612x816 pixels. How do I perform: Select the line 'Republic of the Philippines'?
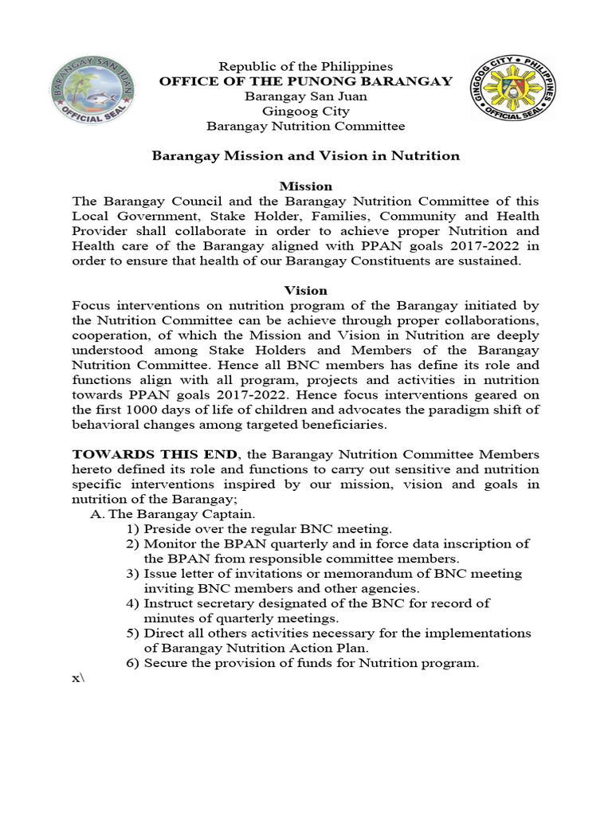pyautogui.click(x=306, y=66)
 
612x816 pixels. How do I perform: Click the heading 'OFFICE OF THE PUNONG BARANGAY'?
pyautogui.click(x=306, y=81)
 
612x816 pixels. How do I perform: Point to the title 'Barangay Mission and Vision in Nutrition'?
pyautogui.click(x=306, y=155)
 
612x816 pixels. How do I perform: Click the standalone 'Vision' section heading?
pyautogui.click(x=306, y=291)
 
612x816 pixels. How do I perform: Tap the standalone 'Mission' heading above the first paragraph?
pyautogui.click(x=306, y=186)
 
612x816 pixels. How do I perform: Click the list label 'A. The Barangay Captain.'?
pyautogui.click(x=173, y=514)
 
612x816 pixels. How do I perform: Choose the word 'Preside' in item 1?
pyautogui.click(x=167, y=529)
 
